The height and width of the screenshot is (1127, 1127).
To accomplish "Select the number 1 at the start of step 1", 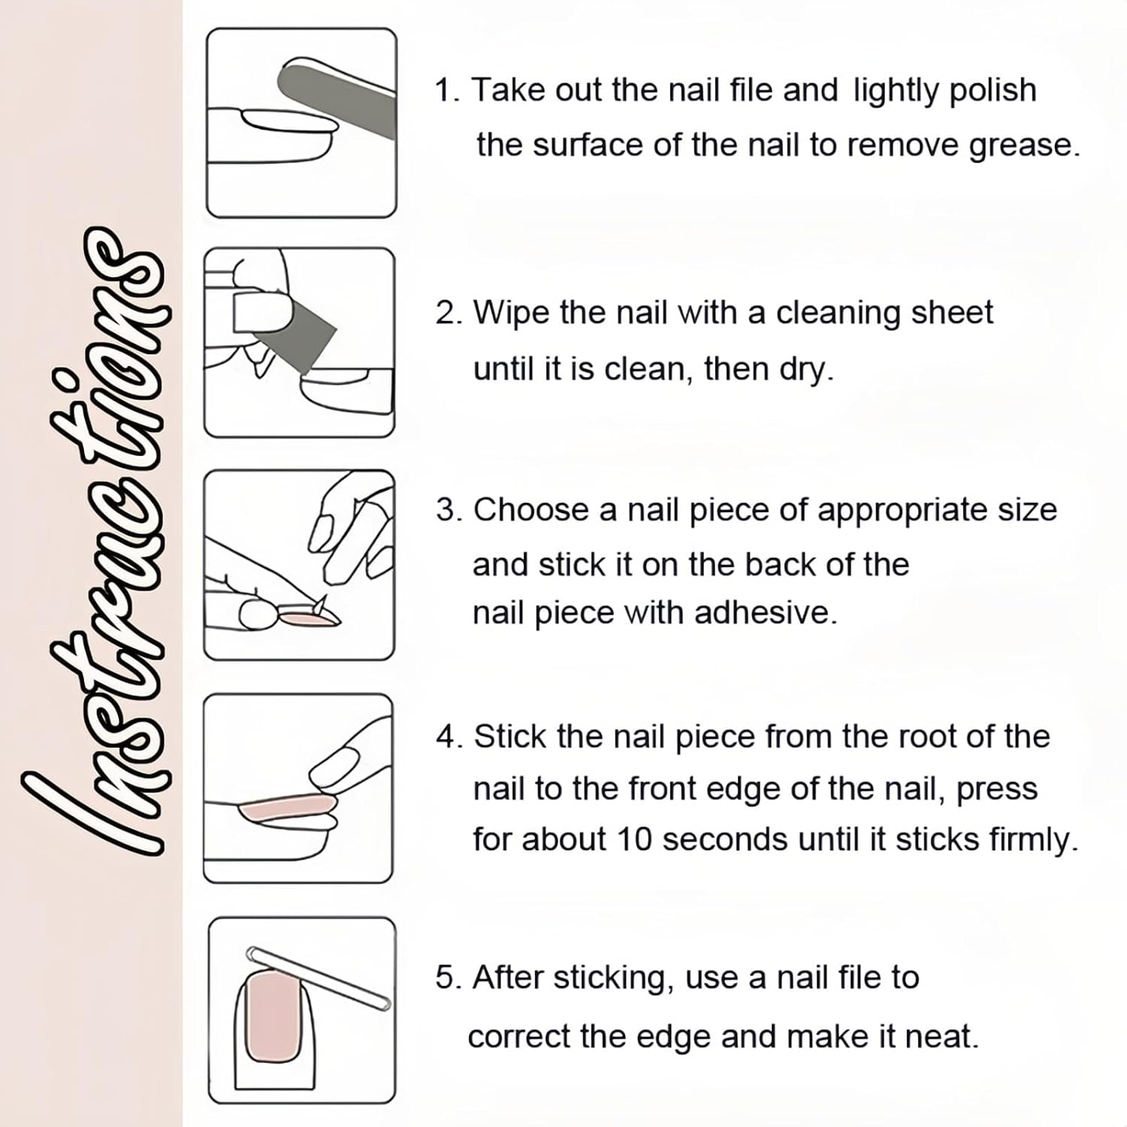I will pyautogui.click(x=445, y=90).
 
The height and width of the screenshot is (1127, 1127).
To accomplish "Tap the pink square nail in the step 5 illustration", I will pyautogui.click(x=274, y=1014).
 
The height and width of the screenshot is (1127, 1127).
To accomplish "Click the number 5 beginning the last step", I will pyautogui.click(x=445, y=978).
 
